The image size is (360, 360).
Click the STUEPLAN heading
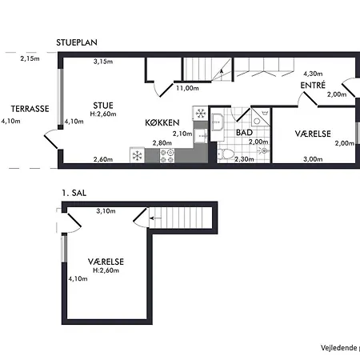click(78, 42)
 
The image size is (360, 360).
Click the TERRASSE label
click(30, 108)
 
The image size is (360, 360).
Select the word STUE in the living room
click(102, 104)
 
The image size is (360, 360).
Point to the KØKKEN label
click(163, 122)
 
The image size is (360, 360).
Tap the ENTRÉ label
click(313, 84)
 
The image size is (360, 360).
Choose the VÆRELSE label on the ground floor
click(313, 133)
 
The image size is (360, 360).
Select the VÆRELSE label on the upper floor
click(106, 261)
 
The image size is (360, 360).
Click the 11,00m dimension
click(187, 90)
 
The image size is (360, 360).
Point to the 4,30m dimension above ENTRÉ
click(313, 74)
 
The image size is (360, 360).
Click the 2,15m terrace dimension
click(30, 58)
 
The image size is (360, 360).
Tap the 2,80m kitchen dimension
click(162, 142)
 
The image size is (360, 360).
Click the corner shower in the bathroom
click(258, 118)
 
